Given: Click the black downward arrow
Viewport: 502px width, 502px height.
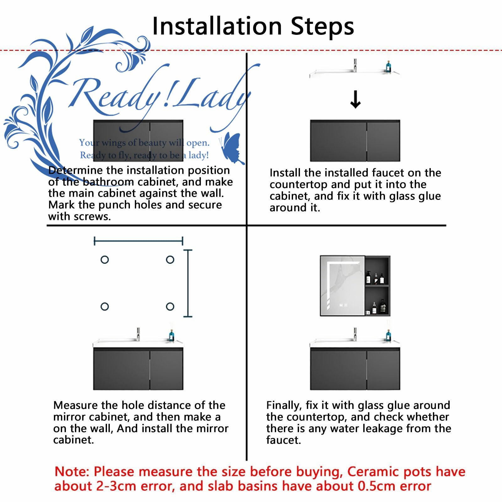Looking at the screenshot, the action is click(x=355, y=99).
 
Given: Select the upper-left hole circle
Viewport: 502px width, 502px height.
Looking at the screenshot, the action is click(x=104, y=259).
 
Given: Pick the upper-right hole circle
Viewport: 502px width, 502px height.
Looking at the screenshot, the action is click(x=170, y=259).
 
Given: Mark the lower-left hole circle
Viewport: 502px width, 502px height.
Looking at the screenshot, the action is click(x=104, y=307).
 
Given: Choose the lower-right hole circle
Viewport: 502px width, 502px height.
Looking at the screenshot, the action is click(x=170, y=307).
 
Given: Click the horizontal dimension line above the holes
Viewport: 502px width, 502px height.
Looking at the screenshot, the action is click(x=138, y=241).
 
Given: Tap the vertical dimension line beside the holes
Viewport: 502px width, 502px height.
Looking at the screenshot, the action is click(x=188, y=283).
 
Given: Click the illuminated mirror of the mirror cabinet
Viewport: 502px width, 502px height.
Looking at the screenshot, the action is click(x=342, y=286).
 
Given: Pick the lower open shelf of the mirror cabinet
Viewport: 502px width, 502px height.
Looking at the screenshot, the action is click(x=377, y=301).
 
